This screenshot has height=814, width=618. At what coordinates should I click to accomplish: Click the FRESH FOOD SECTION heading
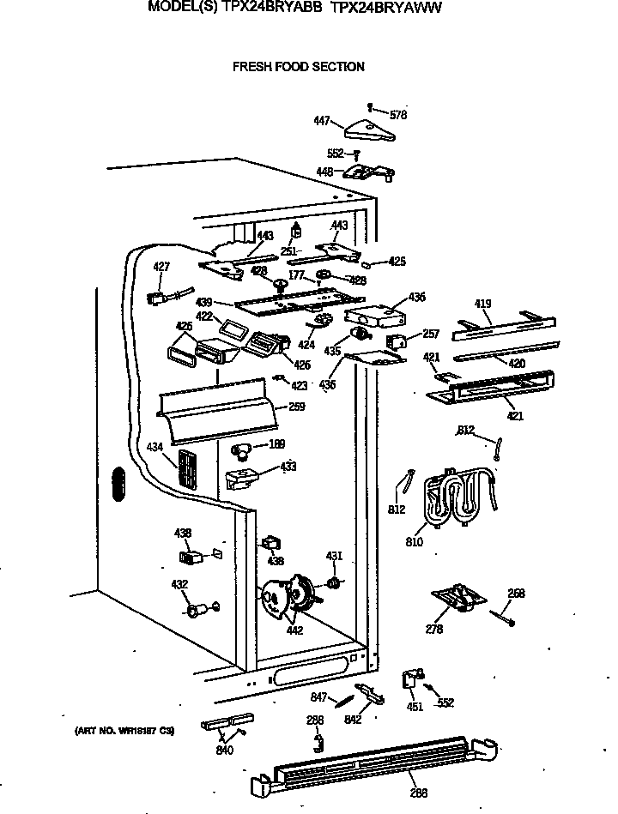298,67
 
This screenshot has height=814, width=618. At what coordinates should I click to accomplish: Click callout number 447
322,122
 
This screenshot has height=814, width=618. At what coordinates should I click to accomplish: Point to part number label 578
397,114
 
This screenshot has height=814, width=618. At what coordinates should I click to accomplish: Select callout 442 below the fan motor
294,631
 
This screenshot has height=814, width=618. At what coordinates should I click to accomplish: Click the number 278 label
434,630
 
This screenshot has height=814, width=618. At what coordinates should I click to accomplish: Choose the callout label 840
225,751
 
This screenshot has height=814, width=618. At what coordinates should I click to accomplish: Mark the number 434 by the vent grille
154,447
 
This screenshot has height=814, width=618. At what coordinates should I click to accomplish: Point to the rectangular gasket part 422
231,328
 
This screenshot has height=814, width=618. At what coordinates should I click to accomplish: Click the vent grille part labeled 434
187,471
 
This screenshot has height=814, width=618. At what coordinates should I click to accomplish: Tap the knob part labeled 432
196,611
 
